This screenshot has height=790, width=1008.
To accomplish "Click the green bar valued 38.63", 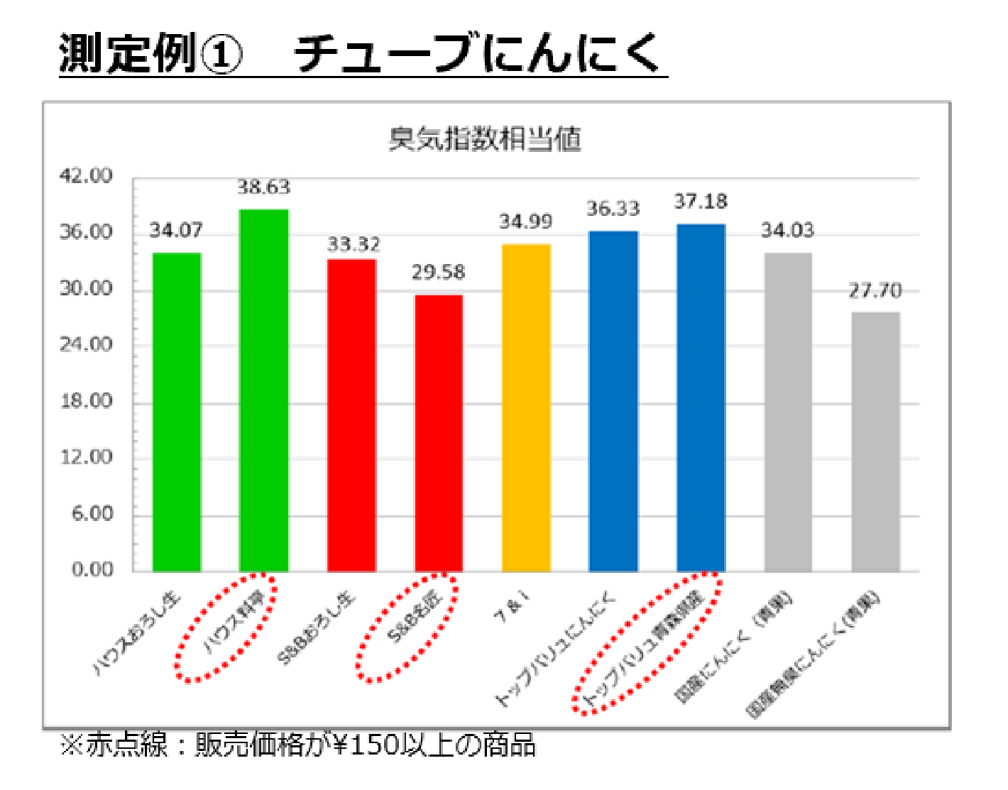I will tap(264, 390).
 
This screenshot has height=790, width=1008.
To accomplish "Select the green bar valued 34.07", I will tap(177, 412).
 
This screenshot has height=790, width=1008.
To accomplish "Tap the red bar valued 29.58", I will tap(439, 433).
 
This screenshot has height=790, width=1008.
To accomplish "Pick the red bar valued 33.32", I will tap(351, 415).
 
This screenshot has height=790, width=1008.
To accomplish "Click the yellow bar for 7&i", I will tap(526, 408).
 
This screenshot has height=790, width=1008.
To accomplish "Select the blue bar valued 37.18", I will tap(701, 397).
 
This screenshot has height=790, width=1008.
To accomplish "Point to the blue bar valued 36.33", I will tap(613, 401).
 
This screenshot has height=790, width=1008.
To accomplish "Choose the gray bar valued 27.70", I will tap(875, 441).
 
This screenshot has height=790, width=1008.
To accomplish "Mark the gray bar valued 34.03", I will tap(788, 412).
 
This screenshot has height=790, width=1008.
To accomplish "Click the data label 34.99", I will tap(525, 222).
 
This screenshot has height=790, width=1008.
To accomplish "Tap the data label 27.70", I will tap(875, 291).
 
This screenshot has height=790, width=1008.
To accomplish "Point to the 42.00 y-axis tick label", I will tap(86, 176).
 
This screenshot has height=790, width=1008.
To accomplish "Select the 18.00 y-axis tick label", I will tap(86, 401).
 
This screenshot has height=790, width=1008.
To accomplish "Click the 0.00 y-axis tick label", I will tap(92, 569).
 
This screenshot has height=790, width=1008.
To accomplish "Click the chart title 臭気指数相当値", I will tap(485, 139).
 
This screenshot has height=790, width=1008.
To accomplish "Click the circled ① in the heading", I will tap(222, 55).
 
